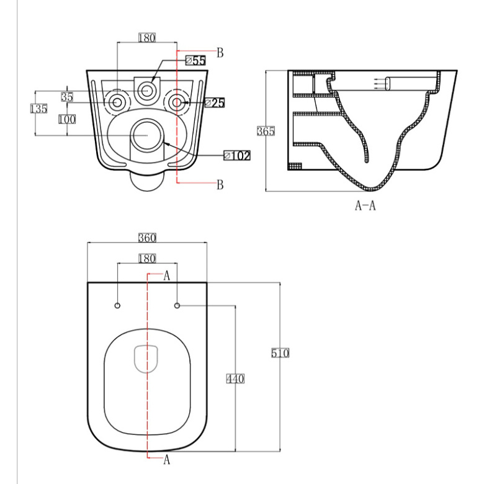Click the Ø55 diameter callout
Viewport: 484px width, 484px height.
[195, 60]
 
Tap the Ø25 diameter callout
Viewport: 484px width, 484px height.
[215, 103]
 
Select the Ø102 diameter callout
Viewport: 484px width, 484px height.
[237, 156]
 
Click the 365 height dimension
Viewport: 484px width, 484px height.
[266, 131]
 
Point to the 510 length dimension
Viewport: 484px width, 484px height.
[280, 353]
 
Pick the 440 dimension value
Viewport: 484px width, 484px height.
[235, 379]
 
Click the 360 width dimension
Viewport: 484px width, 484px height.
[147, 238]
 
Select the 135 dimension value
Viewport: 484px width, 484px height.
[39, 109]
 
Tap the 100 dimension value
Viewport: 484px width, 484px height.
[67, 119]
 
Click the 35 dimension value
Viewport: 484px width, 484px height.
[67, 97]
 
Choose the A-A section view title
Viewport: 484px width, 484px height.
[365, 205]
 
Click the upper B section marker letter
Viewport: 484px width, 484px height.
[220, 53]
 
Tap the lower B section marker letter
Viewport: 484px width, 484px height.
[220, 184]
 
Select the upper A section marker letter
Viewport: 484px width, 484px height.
[167, 276]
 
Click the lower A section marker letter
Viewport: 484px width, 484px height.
[167, 459]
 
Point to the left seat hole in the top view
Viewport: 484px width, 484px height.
[117, 305]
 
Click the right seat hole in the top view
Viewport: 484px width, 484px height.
[177, 305]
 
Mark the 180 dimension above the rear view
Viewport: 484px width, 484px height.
[147, 38]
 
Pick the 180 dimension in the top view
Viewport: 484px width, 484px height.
[147, 258]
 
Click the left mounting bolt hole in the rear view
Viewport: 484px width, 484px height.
[117, 102]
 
